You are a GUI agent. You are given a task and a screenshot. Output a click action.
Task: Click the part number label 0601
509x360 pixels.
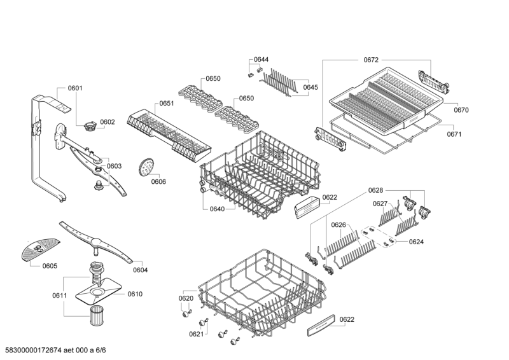pyautogui.click(x=75, y=88)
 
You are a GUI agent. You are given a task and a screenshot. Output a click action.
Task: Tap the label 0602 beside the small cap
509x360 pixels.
pyautogui.click(x=107, y=122)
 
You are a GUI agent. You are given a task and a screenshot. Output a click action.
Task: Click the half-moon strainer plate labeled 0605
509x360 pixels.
pyautogui.click(x=39, y=247)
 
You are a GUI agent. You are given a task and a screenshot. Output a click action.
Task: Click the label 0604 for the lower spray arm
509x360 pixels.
pyautogui.click(x=140, y=270)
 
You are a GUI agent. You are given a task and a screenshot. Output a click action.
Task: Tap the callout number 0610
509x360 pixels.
pyautogui.click(x=135, y=294)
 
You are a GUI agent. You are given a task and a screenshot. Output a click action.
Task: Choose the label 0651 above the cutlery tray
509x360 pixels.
pyautogui.click(x=167, y=103)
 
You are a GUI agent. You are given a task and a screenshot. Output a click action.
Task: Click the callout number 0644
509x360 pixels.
pyautogui.click(x=261, y=60)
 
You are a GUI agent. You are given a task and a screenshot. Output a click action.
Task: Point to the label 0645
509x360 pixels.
pyautogui.click(x=310, y=87)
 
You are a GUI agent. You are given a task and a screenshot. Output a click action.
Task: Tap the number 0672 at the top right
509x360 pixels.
pyautogui.click(x=372, y=60)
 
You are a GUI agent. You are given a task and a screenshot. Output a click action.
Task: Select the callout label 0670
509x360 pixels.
pyautogui.click(x=461, y=110)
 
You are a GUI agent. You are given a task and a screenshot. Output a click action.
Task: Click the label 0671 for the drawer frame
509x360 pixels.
pyautogui.click(x=454, y=134)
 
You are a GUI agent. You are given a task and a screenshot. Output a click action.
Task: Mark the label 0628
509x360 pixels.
pyautogui.click(x=375, y=190)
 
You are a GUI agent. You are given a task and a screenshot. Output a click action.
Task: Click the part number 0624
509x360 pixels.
pyautogui.click(x=416, y=242)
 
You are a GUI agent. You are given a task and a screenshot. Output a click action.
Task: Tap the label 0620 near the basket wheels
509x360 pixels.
pyautogui.click(x=186, y=298)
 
